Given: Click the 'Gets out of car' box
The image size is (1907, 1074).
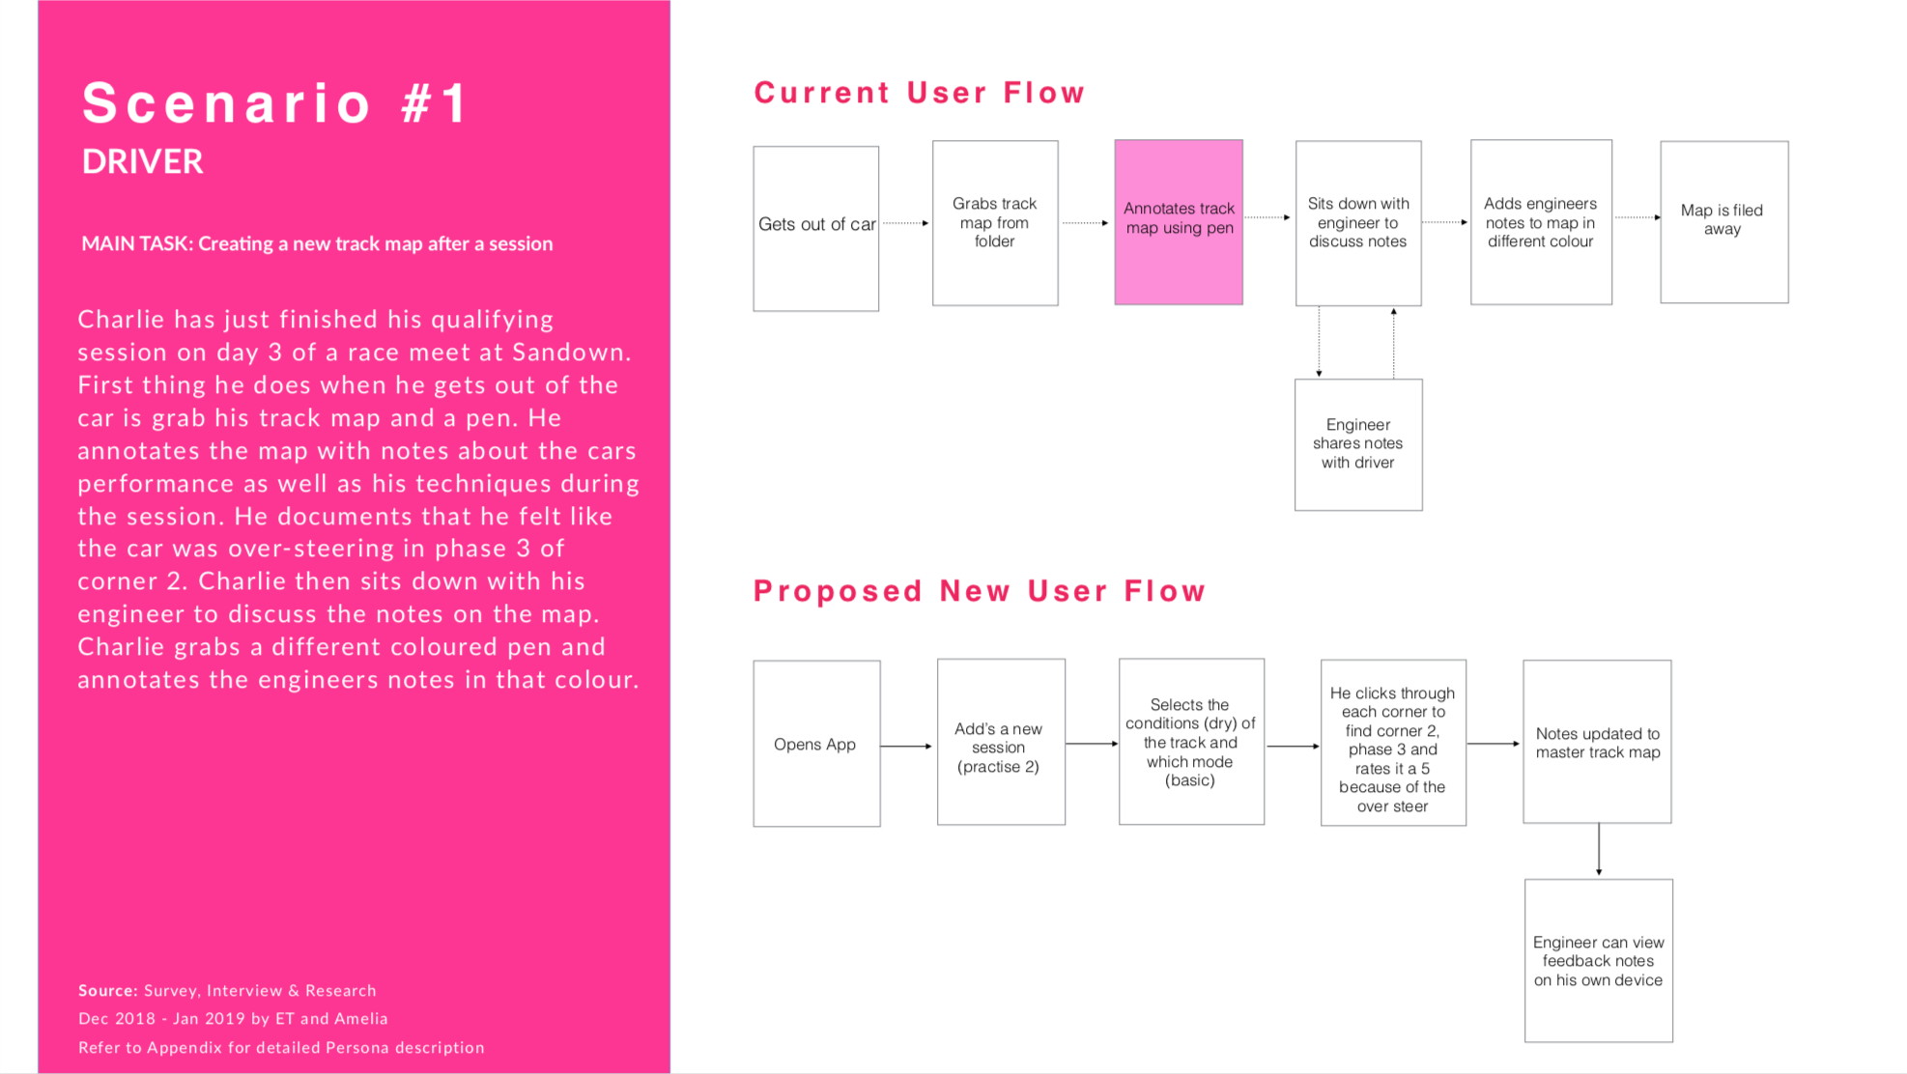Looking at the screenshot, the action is (x=816, y=229).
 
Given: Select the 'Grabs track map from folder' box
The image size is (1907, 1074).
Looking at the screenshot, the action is (x=995, y=223).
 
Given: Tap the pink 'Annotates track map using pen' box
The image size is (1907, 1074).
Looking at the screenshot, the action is (x=1179, y=222).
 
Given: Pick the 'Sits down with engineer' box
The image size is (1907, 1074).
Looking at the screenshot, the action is (x=1358, y=223).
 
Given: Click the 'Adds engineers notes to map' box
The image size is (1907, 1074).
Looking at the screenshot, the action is (x=1541, y=222).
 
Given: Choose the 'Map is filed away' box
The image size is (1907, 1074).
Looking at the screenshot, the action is (x=1724, y=222).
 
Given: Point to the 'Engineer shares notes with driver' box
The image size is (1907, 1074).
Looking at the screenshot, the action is (x=1358, y=444).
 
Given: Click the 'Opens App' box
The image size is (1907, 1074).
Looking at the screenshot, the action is (x=816, y=744).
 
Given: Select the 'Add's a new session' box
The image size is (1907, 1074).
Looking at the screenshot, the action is (x=1001, y=742).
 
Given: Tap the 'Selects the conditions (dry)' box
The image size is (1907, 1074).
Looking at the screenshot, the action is (x=1191, y=742).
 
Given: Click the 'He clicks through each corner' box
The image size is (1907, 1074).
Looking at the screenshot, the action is (x=1393, y=743).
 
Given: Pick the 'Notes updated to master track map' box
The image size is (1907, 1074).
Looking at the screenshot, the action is (x=1597, y=742).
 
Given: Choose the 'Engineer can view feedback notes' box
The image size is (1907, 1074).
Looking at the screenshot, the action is (x=1599, y=961).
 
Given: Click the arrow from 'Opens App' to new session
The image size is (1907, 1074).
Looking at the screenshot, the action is (x=907, y=746).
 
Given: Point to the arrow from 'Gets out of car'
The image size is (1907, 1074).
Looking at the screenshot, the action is (x=905, y=223).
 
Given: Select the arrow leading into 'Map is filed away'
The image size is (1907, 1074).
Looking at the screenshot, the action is (x=1637, y=217).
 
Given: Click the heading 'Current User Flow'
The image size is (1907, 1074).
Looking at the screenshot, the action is (x=920, y=93).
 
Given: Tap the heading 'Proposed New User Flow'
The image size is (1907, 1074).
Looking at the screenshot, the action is (x=980, y=591).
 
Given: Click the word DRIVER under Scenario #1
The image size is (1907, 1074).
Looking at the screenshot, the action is (x=142, y=161).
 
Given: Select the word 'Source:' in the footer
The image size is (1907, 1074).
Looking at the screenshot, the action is (x=108, y=990).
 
